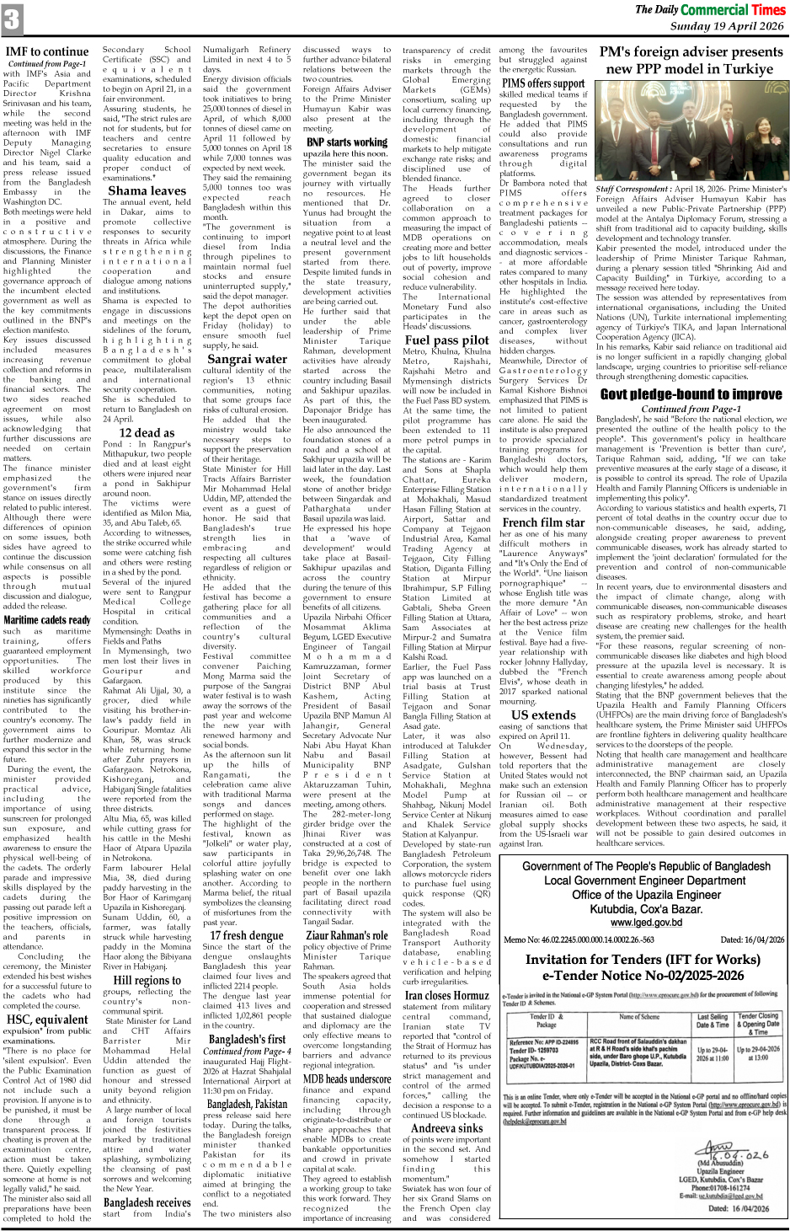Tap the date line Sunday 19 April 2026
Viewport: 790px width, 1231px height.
728,26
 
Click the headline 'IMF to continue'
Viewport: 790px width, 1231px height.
47,51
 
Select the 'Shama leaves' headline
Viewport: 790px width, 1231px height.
147,190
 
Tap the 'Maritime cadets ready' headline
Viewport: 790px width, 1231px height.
47,619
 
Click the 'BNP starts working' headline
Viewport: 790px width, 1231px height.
347,142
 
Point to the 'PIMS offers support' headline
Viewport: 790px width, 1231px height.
543,83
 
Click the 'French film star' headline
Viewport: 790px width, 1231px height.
543,522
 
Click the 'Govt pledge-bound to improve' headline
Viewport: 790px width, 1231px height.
691,394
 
